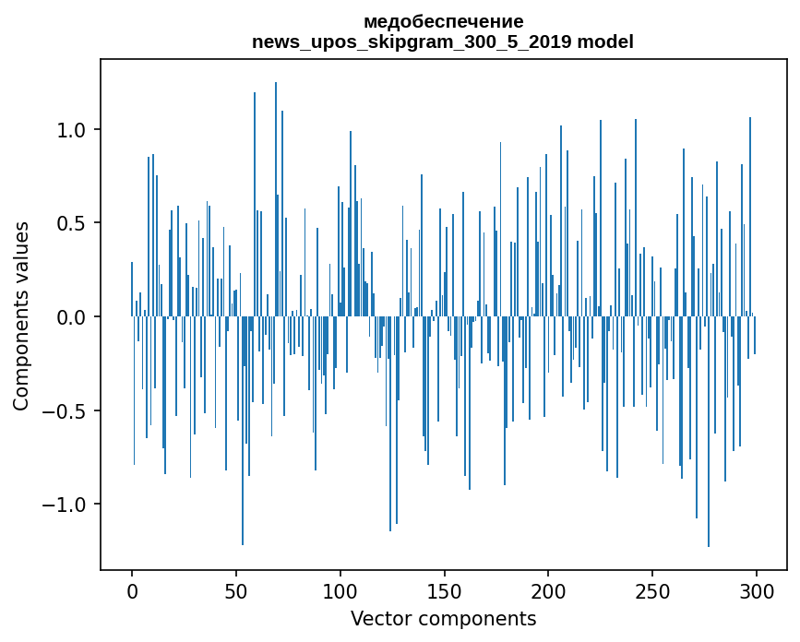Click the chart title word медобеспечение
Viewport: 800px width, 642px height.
point(443,21)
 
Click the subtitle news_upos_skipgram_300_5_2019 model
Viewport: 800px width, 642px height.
point(443,42)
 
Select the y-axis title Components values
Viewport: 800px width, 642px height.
point(21,315)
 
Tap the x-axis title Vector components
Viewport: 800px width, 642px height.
point(443,618)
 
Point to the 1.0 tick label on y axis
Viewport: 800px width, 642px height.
point(71,130)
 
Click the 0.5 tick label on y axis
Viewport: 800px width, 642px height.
point(71,223)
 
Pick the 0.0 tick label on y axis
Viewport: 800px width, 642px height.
point(71,317)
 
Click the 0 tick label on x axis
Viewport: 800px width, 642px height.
point(132,590)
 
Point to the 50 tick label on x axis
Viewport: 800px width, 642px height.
point(236,590)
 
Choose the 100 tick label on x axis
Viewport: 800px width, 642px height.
point(340,590)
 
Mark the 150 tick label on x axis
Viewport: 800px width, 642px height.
point(444,590)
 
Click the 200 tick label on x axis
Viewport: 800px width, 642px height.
point(548,590)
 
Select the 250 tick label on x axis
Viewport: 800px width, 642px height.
point(652,590)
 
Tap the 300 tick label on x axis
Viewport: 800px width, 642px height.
point(757,590)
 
